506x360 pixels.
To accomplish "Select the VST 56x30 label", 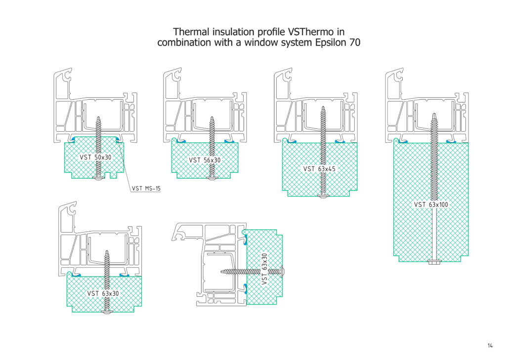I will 205,160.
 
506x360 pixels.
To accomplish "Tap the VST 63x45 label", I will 319,169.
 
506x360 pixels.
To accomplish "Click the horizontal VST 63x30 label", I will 103,293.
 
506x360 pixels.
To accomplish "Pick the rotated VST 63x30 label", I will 264,269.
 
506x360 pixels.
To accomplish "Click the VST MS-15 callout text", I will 146,188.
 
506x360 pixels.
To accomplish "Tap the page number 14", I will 490,346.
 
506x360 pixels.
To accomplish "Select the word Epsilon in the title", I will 331,43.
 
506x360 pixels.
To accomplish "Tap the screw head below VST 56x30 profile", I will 213,176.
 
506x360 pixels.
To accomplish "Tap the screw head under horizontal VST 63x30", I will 107,311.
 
